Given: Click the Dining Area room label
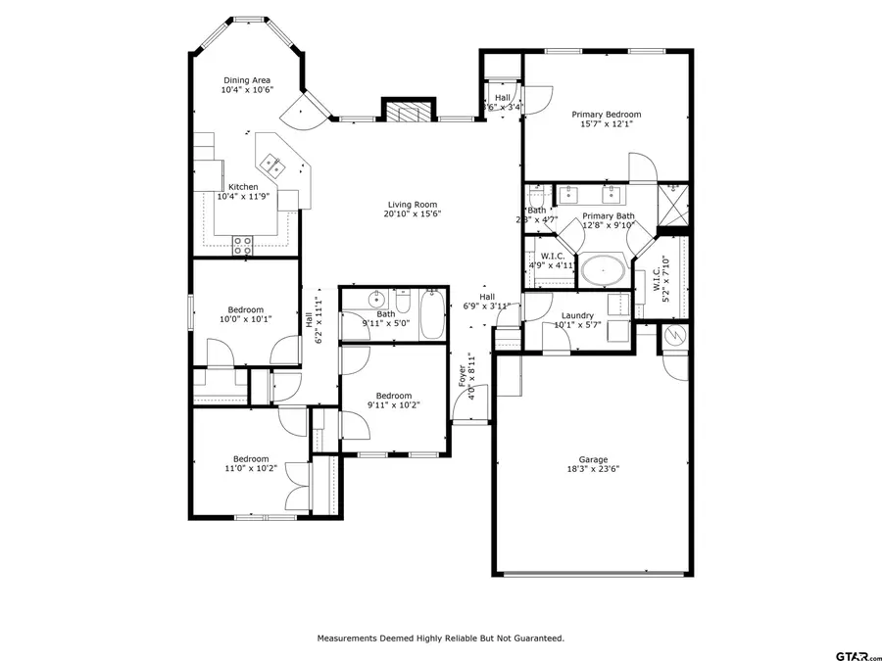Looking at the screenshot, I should tap(247, 80).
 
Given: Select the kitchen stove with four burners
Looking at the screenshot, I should tap(242, 246).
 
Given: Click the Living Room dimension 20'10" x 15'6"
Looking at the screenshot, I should tap(412, 213).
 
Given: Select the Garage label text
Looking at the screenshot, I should tap(593, 459).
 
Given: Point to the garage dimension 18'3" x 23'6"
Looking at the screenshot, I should tap(593, 469).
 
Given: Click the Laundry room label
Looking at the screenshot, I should tap(577, 315).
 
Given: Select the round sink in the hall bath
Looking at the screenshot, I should tap(374, 300).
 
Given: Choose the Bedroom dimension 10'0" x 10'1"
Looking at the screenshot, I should tap(246, 318).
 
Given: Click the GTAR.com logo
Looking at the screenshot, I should tap(857, 655).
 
